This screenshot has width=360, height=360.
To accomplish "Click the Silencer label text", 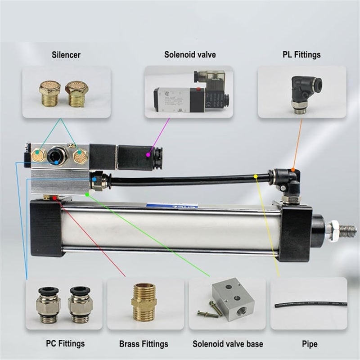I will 66,55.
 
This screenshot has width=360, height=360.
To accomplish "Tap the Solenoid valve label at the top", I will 189,55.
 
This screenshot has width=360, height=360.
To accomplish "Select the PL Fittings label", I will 302,55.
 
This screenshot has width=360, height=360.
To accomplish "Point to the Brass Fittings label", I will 144,344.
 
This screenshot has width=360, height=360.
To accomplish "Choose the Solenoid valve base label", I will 228,344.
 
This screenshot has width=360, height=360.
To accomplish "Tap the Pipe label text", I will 310,344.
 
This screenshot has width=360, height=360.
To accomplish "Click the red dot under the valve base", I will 54,198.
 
